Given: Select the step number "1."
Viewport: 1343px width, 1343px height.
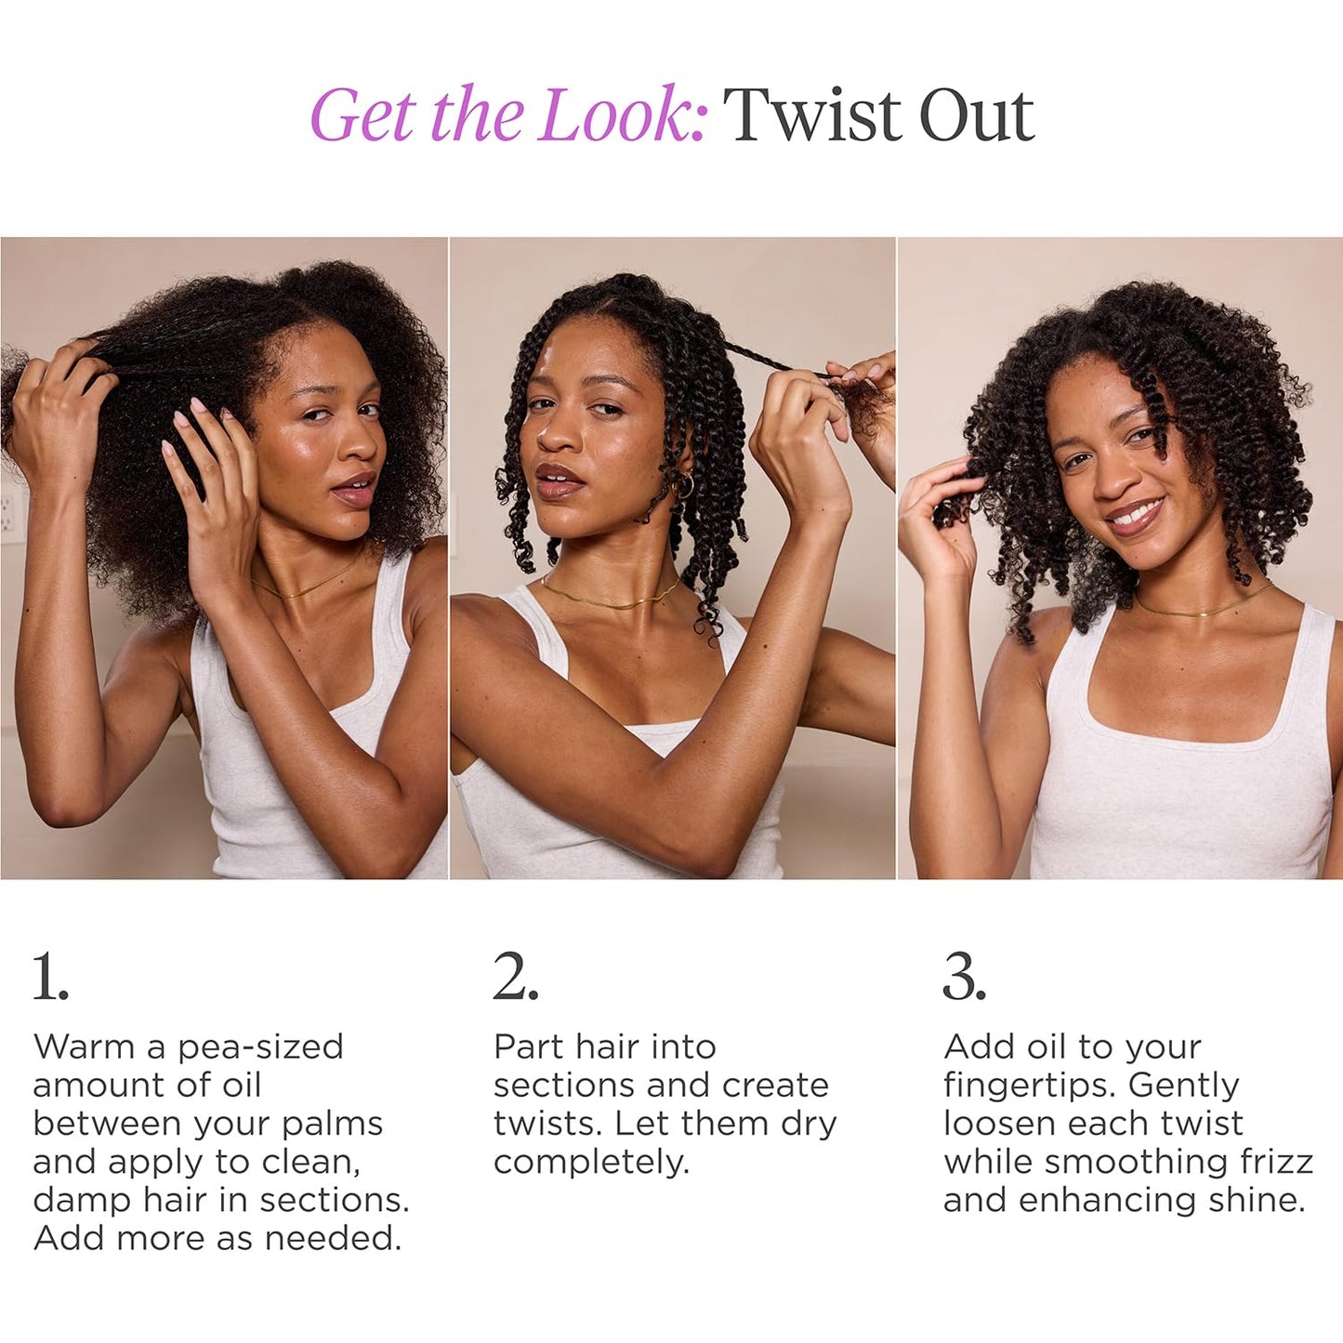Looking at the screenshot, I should point(50,978).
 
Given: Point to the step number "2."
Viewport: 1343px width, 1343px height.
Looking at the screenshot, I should point(515,978).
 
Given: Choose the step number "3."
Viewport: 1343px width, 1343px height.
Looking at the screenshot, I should point(964,978).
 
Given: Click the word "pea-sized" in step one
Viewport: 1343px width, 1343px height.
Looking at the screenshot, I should point(260,1047).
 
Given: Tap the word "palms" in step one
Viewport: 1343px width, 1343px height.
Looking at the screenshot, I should point(332,1124).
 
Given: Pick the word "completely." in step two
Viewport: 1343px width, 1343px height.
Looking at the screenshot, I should point(591,1162).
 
